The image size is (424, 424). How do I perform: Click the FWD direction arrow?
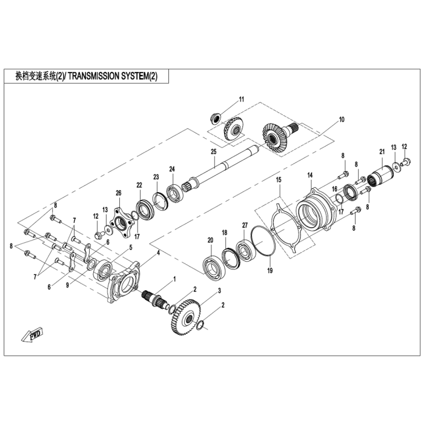pyautogui.click(x=33, y=334)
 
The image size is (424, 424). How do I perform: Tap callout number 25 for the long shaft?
pyautogui.click(x=214, y=151)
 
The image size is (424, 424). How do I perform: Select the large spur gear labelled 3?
pyautogui.click(x=186, y=317)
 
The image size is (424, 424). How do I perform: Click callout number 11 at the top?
pyautogui.click(x=242, y=99)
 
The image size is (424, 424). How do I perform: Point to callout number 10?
pyautogui.click(x=342, y=119)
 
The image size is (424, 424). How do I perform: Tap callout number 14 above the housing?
pyautogui.click(x=310, y=175)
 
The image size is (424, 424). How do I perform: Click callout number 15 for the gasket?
pyautogui.click(x=279, y=179)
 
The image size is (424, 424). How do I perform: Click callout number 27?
pyautogui.click(x=245, y=225)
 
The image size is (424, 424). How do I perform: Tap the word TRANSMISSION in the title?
pyautogui.click(x=93, y=76)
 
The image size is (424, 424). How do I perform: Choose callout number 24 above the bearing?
pyautogui.click(x=172, y=169)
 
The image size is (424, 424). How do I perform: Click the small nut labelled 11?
pyautogui.click(x=216, y=118)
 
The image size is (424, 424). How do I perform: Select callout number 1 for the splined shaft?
pyautogui.click(x=174, y=279)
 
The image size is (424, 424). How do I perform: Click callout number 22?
pyautogui.click(x=139, y=185)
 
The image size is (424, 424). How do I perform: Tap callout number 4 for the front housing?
pyautogui.click(x=159, y=253)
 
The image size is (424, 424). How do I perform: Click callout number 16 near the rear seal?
pyautogui.click(x=335, y=189)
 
